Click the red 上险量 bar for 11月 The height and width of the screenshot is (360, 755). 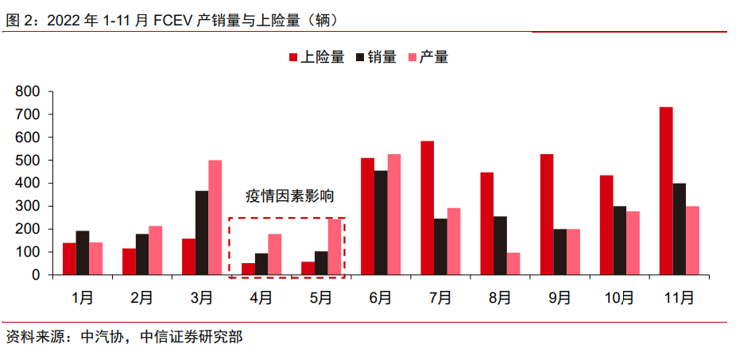tap(666, 191)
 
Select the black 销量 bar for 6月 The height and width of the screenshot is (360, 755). tap(381, 223)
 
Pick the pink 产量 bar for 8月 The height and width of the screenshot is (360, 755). tap(513, 264)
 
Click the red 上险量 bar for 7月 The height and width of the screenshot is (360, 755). tap(428, 207)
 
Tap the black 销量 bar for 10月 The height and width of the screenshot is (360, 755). tap(619, 240)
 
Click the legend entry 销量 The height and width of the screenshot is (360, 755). tap(376, 57)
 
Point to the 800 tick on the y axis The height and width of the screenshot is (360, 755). tap(28, 91)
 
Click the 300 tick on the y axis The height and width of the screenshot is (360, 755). tap(28, 206)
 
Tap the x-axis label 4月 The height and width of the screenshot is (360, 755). tap(261, 298)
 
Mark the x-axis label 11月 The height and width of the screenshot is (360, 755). tap(679, 298)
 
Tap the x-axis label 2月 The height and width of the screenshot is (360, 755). tap(142, 298)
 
